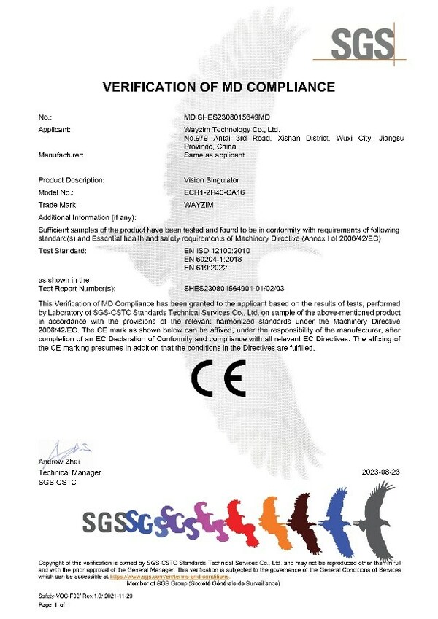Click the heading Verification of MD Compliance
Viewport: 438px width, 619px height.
219,87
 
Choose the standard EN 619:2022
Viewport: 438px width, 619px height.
207,268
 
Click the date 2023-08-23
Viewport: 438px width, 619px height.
381,472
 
